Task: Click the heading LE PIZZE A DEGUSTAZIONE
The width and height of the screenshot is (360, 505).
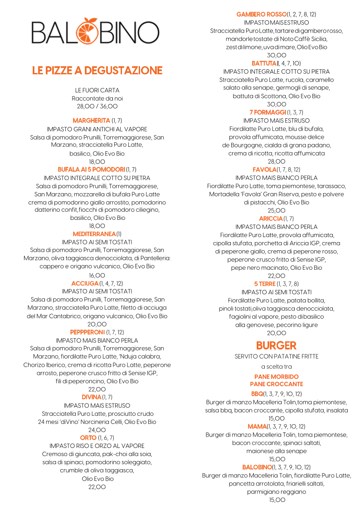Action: click(x=97, y=71)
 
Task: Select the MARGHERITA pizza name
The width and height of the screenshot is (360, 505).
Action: click(x=91, y=121)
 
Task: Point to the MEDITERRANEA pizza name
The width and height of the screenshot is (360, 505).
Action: click(x=94, y=234)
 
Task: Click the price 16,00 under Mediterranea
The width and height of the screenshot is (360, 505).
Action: click(x=97, y=275)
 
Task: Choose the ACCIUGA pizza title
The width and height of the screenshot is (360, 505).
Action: click(x=85, y=283)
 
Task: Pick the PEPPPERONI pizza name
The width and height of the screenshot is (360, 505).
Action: click(x=88, y=332)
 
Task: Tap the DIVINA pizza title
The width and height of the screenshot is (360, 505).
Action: click(x=91, y=397)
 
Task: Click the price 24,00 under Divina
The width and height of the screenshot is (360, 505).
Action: click(x=97, y=430)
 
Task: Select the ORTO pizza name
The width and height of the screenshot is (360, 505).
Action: click(x=88, y=438)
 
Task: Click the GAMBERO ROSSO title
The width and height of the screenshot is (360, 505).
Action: click(x=262, y=15)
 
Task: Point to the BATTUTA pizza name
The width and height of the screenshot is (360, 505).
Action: click(x=264, y=63)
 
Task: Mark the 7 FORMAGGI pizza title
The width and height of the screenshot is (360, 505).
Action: click(x=268, y=112)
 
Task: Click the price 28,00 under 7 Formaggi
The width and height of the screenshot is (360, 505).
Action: click(x=277, y=161)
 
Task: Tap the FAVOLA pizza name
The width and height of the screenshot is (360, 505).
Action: click(x=264, y=170)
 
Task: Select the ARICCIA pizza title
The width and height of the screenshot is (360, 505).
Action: click(x=271, y=219)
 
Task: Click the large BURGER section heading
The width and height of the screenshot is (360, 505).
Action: click(x=276, y=345)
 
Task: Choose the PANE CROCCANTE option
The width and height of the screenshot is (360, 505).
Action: click(x=276, y=384)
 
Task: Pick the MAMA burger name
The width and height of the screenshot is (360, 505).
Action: click(x=257, y=427)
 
